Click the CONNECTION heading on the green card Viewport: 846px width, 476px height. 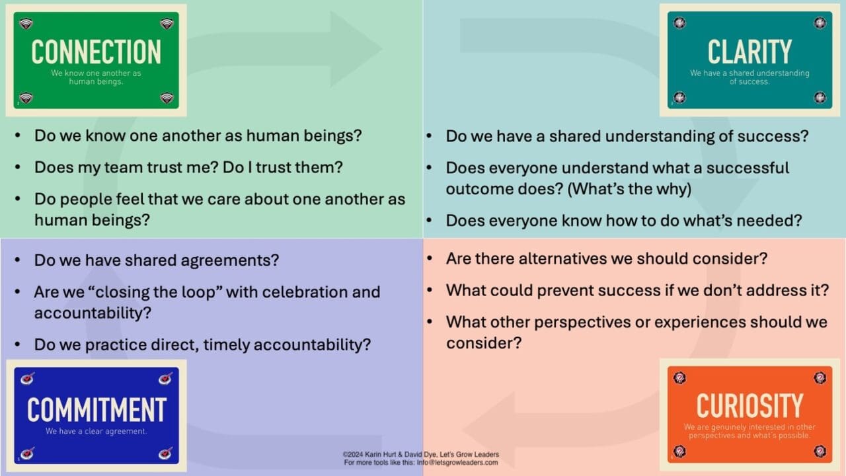96,52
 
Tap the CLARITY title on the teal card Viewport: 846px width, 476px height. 750,52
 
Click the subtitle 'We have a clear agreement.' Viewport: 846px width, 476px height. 96,432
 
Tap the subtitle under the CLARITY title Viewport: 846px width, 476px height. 750,77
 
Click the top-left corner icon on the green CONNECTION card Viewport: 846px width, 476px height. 26,24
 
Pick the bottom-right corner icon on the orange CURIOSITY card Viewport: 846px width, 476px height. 820,452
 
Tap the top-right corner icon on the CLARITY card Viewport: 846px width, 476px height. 820,23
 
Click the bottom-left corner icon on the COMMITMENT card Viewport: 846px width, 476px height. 27,454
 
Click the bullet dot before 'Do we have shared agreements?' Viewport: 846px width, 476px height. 18,260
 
